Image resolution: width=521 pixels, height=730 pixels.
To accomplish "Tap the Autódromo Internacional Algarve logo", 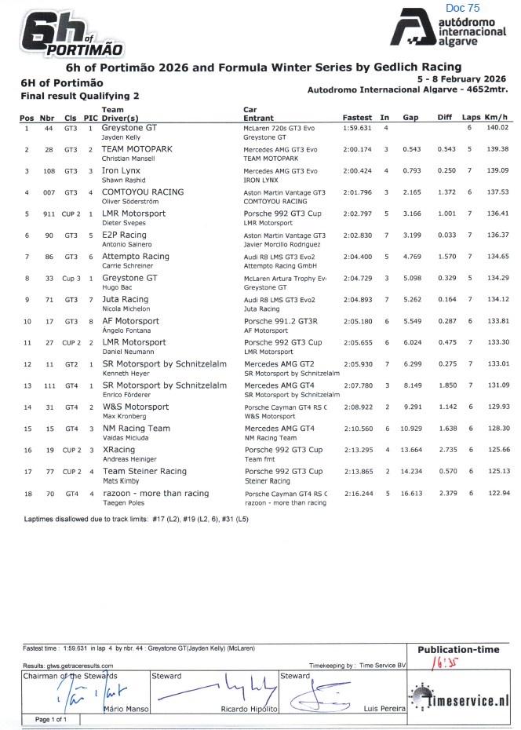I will (450, 32).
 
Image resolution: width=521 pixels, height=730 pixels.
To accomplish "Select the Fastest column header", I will (357, 117).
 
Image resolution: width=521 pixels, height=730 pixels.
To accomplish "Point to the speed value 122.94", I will (497, 493).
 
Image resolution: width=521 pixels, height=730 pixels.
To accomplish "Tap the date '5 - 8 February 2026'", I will (461, 79).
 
